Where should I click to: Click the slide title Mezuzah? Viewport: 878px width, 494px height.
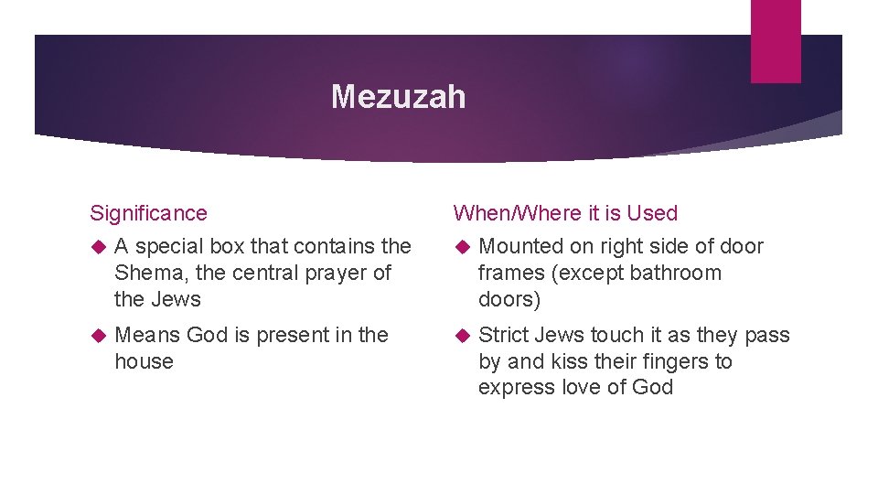398,96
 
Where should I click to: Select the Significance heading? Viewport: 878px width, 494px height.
148,213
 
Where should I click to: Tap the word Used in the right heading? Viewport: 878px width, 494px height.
652,213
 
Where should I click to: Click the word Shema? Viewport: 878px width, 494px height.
144,273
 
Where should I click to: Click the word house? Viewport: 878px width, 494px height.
144,361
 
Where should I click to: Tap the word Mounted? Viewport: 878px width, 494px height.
519,246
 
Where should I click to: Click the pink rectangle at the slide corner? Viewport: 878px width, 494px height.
775,41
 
